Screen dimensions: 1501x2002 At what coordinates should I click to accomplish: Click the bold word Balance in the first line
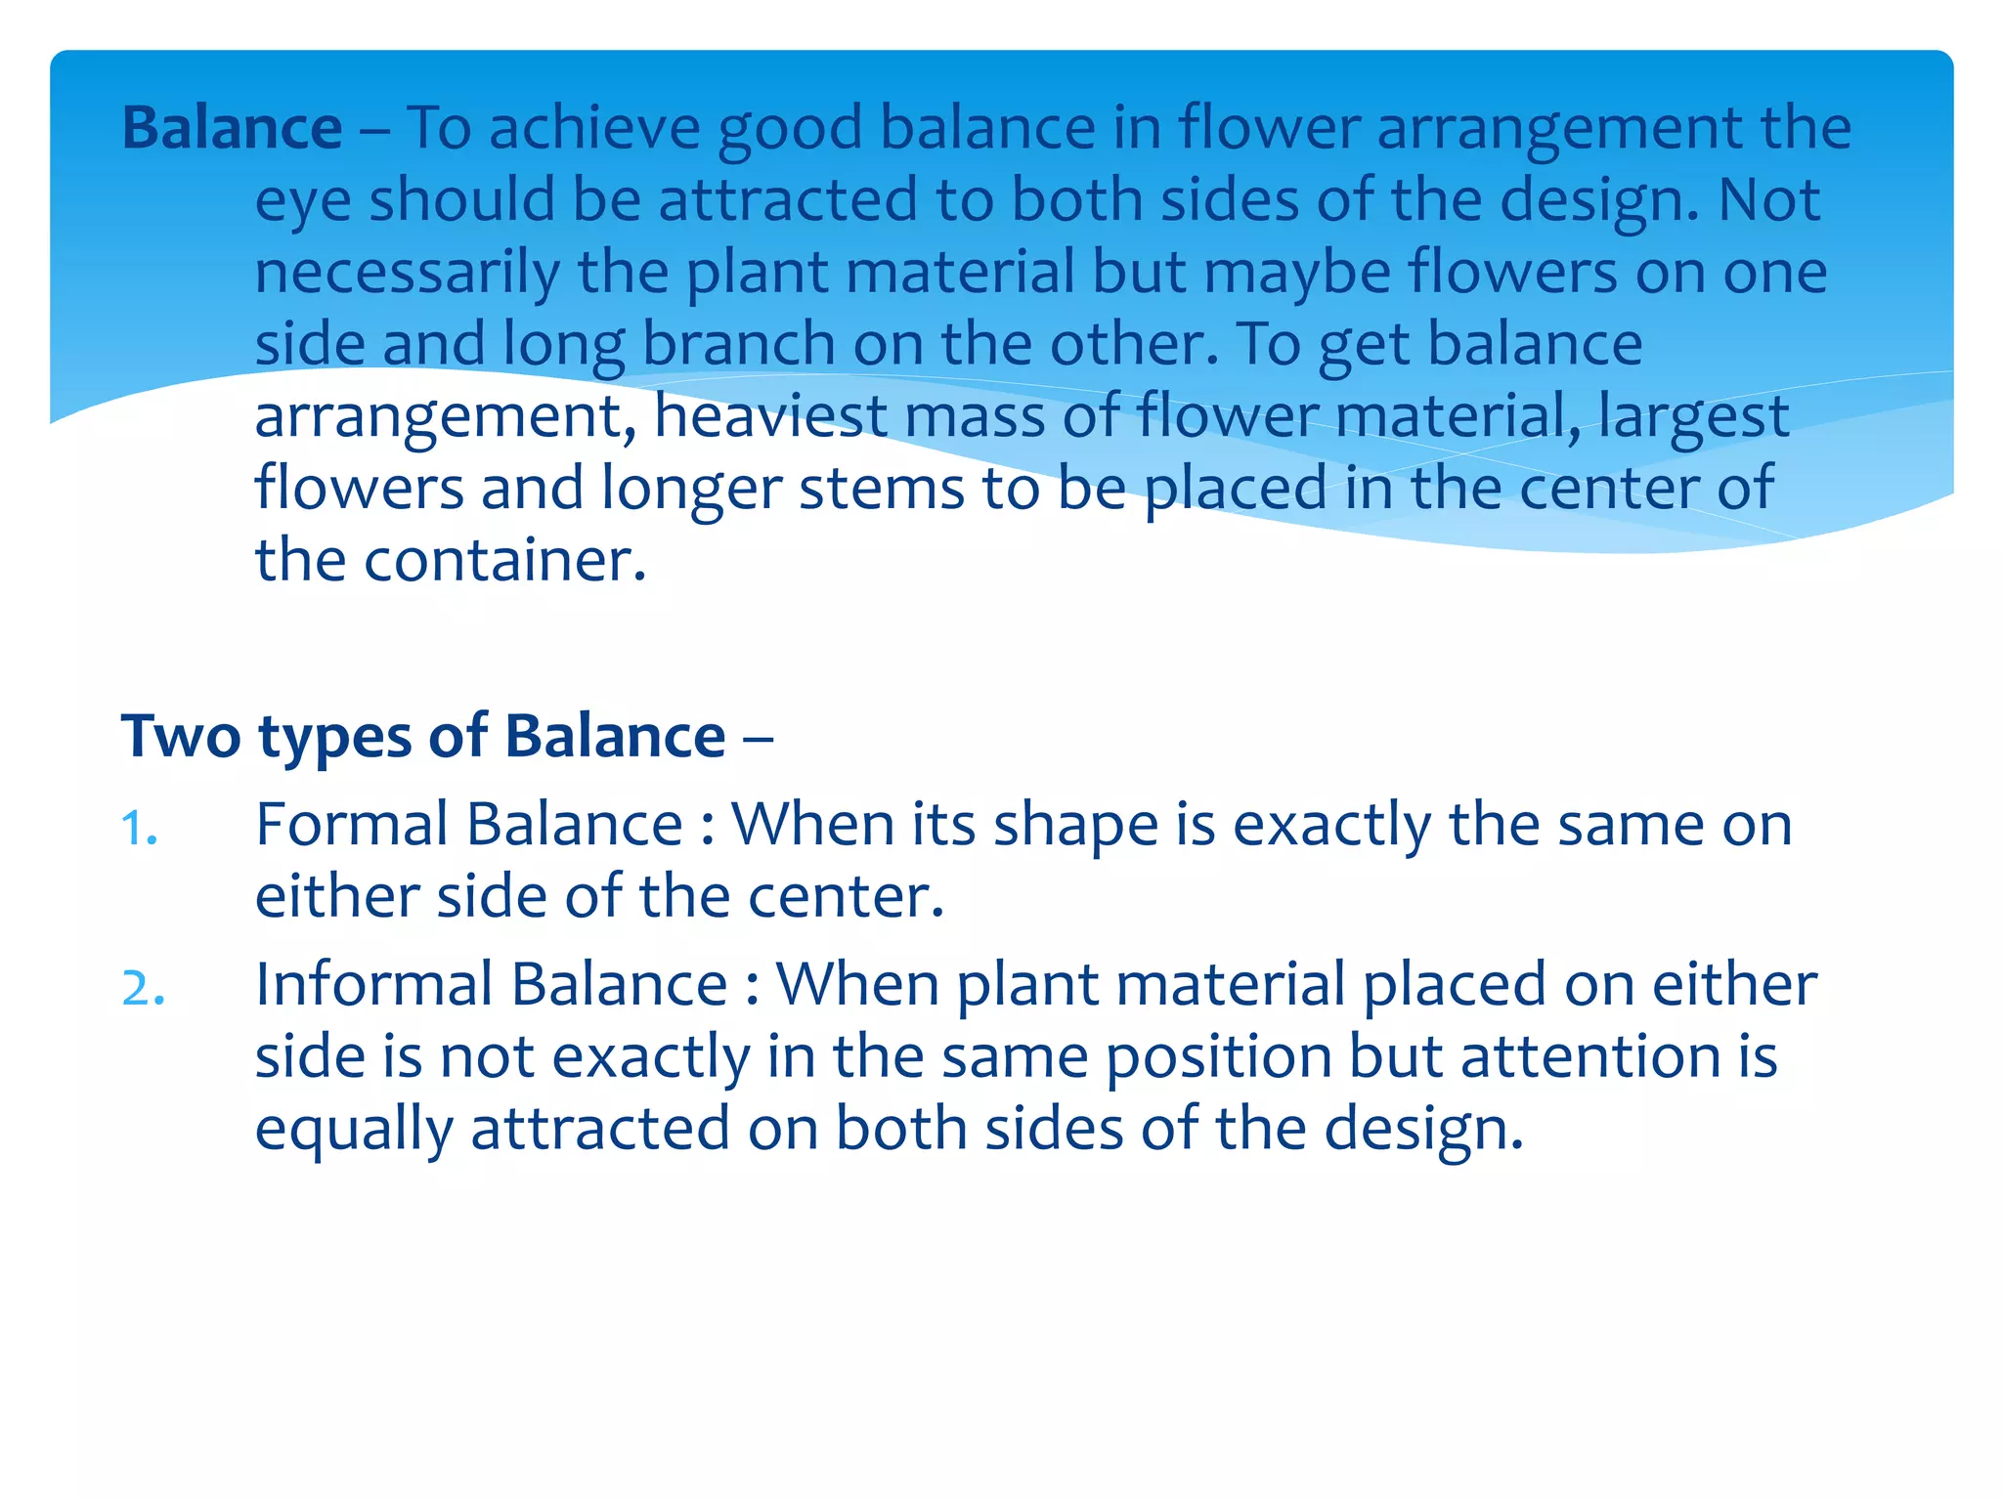click(x=232, y=128)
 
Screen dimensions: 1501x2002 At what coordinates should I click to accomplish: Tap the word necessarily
click(x=407, y=273)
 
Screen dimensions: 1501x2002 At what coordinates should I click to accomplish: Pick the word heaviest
click(x=769, y=416)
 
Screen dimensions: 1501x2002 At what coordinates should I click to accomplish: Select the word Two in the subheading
click(x=181, y=736)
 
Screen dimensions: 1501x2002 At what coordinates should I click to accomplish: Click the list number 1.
click(x=139, y=829)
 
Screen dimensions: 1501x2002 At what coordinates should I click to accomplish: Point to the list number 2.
click(x=143, y=988)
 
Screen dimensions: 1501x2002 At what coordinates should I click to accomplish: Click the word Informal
click(x=373, y=984)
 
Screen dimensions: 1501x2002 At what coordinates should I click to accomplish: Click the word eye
click(x=303, y=202)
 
